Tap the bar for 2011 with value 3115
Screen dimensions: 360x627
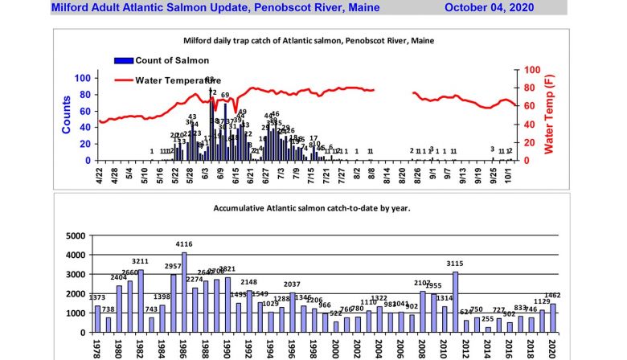pyautogui.click(x=455, y=302)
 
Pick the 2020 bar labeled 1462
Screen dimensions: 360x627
pyautogui.click(x=552, y=318)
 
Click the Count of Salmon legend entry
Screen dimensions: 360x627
pyautogui.click(x=171, y=60)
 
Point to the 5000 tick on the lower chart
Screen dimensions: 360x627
pyautogui.click(x=76, y=235)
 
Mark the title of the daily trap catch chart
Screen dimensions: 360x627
pyautogui.click(x=308, y=40)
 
